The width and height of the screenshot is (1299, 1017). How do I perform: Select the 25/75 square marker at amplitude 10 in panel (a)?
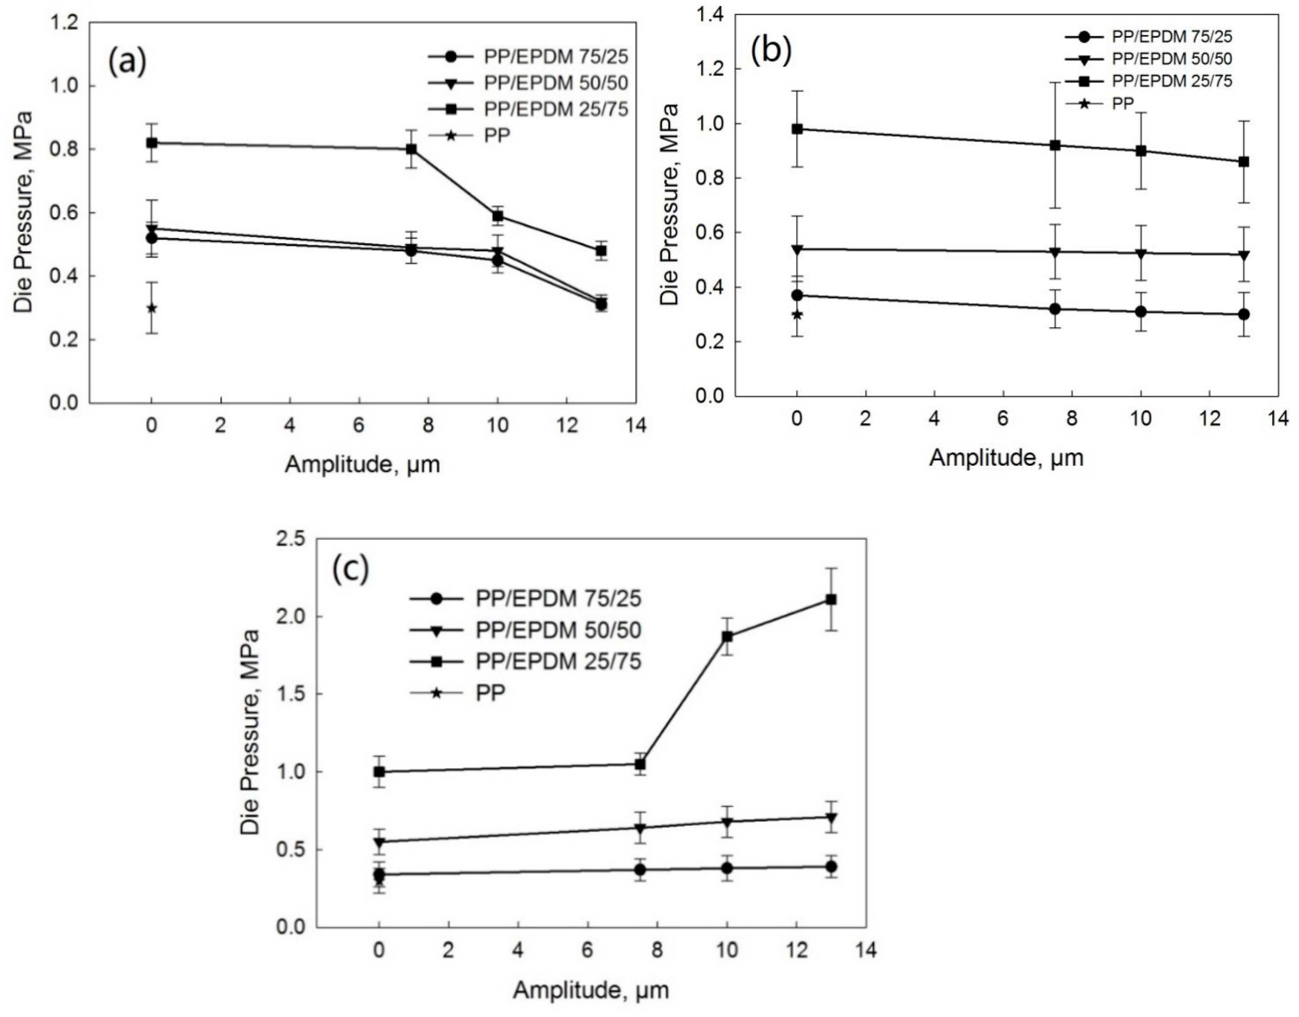[498, 216]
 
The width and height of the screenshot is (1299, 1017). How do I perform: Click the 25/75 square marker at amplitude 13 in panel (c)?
[831, 600]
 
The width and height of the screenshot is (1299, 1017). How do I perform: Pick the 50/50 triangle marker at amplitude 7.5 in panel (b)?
[1055, 252]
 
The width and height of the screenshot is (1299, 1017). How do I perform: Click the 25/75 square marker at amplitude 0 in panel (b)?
[797, 129]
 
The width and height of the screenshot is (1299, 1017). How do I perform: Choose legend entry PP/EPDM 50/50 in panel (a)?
[556, 83]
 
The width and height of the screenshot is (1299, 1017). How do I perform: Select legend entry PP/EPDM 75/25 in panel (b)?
[1172, 36]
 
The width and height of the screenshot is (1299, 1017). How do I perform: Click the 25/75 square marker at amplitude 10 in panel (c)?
[727, 636]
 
